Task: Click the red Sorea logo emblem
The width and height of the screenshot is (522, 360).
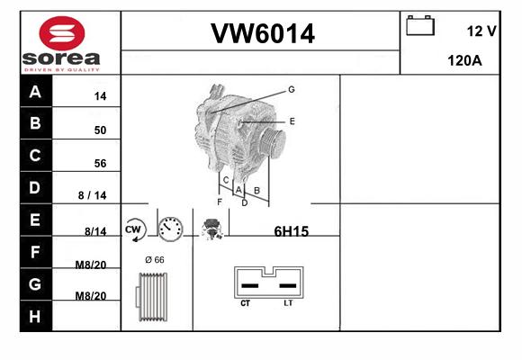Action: (62, 33)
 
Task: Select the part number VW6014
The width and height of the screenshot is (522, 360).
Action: (263, 33)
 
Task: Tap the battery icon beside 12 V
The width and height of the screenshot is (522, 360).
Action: (420, 25)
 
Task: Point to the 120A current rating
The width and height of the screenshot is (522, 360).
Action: (464, 60)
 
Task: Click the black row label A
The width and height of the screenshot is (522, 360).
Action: (35, 91)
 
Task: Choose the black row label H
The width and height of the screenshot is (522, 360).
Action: (35, 317)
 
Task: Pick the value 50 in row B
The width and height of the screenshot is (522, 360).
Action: (100, 130)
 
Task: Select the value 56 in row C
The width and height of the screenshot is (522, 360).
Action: (100, 163)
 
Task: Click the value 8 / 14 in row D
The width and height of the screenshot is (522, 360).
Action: (92, 195)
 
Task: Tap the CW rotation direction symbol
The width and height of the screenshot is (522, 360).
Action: (135, 229)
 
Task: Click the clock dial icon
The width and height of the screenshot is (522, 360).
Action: (170, 229)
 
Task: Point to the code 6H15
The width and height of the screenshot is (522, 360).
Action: (292, 231)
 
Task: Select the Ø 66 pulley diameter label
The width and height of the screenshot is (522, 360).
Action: (155, 260)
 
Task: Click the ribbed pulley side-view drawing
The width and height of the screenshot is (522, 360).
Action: (151, 297)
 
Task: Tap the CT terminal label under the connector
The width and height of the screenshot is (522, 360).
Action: (246, 303)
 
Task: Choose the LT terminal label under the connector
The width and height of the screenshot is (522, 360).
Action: (288, 303)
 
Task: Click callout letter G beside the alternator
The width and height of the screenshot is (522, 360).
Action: (292, 89)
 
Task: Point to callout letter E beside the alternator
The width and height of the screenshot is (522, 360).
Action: (292, 121)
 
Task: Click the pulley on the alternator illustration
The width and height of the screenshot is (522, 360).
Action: (273, 142)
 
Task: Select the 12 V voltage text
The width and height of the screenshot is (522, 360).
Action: (481, 31)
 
